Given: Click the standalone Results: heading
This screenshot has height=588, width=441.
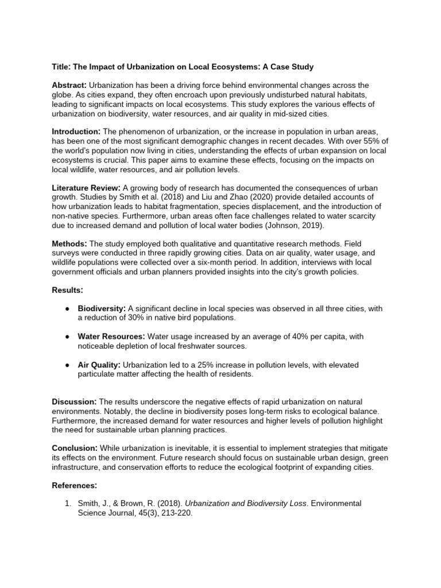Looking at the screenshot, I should tap(67, 291).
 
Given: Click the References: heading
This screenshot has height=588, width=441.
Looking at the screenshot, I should tap(74, 485).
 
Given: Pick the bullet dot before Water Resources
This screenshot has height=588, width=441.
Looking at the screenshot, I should tap(67, 336).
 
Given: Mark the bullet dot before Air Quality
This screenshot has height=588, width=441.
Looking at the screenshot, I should tap(67, 365).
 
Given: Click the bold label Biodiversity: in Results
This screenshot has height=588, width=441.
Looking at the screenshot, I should tap(102, 309).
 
